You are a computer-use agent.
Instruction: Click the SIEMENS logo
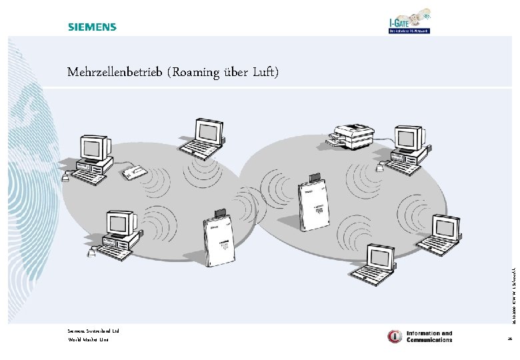pos(91,27)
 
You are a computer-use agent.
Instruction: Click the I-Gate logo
pos(409,21)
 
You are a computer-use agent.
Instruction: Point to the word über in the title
pos(235,72)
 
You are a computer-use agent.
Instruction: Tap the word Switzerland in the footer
pos(96,331)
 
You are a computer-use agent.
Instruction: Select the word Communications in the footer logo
pos(429,339)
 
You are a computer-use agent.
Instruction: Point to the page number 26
pos(509,340)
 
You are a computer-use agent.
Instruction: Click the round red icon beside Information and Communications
pos(395,336)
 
